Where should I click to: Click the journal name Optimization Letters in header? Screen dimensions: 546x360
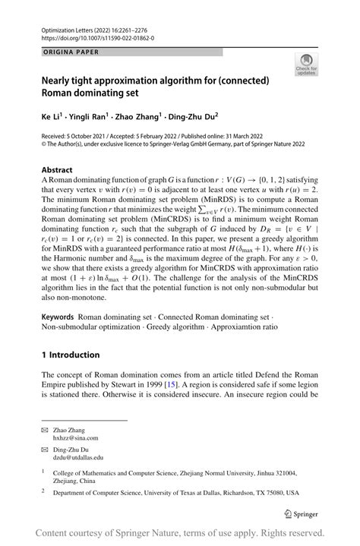[72, 27]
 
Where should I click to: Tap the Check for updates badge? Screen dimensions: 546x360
[307, 65]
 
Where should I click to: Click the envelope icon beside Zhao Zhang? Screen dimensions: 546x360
[46, 429]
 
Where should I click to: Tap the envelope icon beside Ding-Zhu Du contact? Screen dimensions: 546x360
[46, 449]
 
